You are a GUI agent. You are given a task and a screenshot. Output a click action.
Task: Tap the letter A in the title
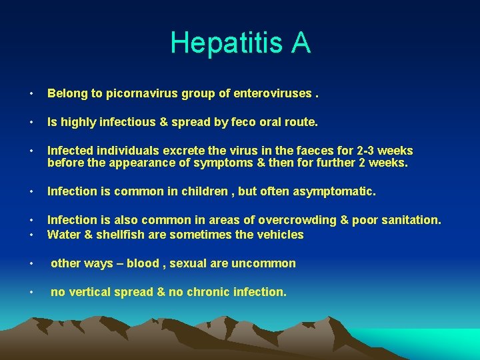click(300, 43)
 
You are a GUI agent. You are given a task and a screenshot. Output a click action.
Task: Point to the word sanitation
click(410, 221)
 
